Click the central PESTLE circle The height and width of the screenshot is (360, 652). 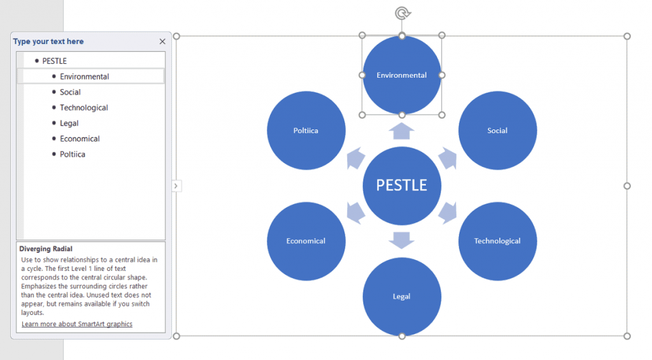(x=402, y=185)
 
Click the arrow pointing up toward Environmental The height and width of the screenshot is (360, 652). (x=402, y=131)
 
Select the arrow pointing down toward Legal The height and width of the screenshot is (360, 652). (x=402, y=240)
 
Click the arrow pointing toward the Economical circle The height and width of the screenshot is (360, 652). (x=355, y=213)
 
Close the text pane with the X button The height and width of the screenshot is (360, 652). (x=162, y=41)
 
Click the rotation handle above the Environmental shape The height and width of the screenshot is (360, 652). (x=402, y=13)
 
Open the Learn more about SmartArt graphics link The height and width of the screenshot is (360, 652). (x=77, y=324)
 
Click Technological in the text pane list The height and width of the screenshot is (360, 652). (x=84, y=108)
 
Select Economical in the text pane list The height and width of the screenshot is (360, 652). (x=80, y=139)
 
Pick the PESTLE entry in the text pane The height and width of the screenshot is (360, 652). (x=54, y=61)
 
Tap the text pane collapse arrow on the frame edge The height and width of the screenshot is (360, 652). (x=176, y=186)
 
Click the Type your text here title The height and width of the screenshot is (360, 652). (x=48, y=41)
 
